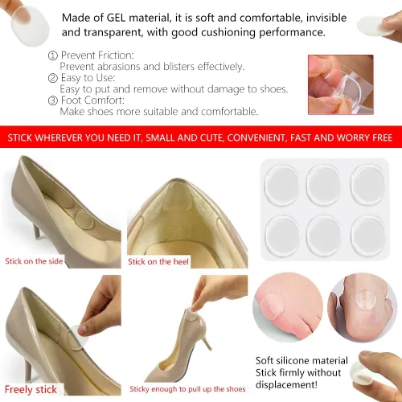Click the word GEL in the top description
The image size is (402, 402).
coord(116,18)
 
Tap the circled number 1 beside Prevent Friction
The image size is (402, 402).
coord(53,55)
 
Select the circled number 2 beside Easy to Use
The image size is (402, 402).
coord(53,78)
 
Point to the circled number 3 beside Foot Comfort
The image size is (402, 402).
coord(53,100)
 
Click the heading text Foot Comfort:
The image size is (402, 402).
coord(92,100)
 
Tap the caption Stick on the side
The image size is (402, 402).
coord(34,261)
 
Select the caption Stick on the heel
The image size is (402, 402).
coord(158,261)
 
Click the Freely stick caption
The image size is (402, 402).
coord(31,389)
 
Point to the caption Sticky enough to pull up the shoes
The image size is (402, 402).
coord(187,389)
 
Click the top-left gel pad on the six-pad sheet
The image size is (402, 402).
coord(281,185)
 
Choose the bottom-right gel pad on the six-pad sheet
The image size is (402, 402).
coord(368,236)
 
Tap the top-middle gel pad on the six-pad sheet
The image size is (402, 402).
coord(324,185)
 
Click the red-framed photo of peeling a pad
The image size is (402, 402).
coord(341,84)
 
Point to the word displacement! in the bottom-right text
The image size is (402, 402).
coord(286,385)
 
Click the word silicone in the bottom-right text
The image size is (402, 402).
coord(293,360)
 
